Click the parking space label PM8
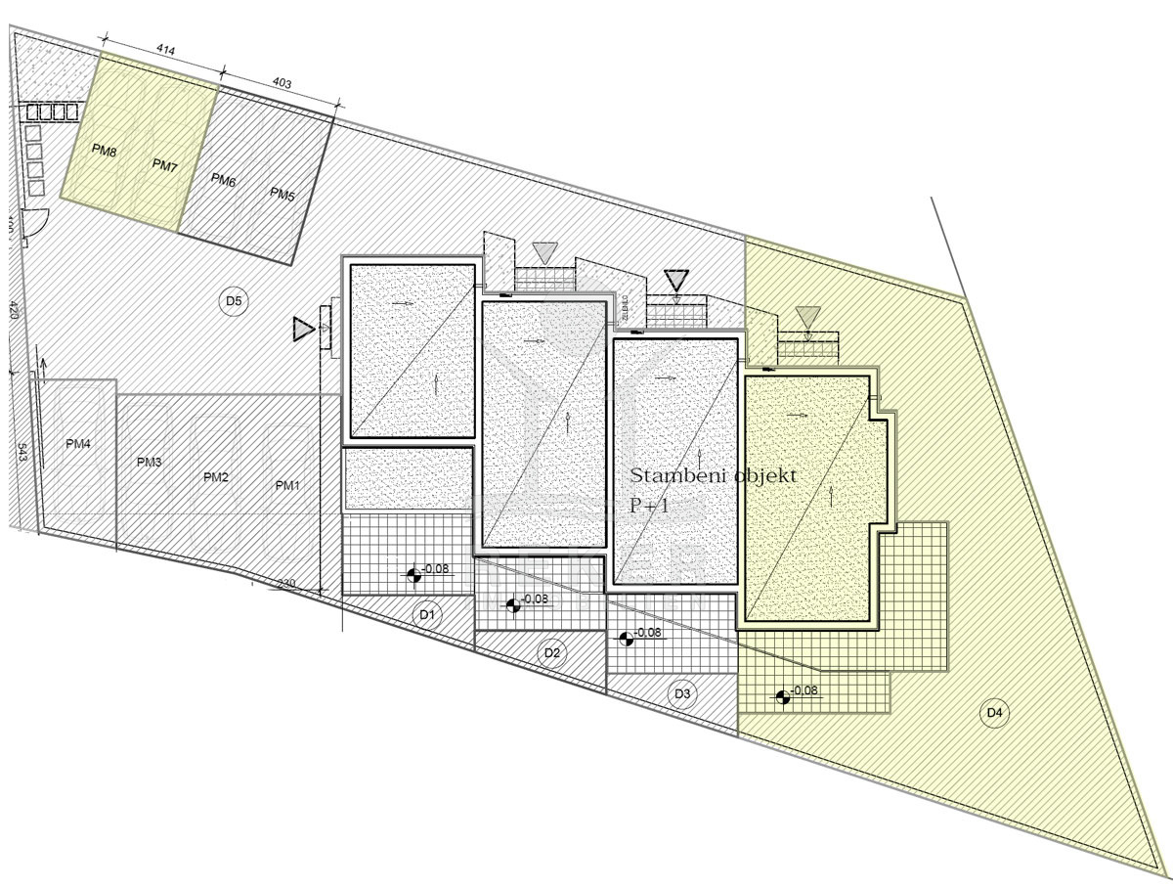point(105,151)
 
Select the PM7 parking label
point(165,166)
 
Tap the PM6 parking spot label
point(223,181)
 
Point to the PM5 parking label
point(282,195)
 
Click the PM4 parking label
point(78,444)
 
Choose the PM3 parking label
point(149,462)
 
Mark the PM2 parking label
point(215,476)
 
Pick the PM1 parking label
point(287,485)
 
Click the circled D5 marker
point(233,301)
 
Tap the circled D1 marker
point(426,615)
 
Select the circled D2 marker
point(551,653)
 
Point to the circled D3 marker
point(683,694)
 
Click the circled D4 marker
point(994,713)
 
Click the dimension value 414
point(165,49)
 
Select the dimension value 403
point(281,83)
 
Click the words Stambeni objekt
point(714,476)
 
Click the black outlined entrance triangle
point(675,281)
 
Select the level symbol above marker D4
point(782,697)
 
